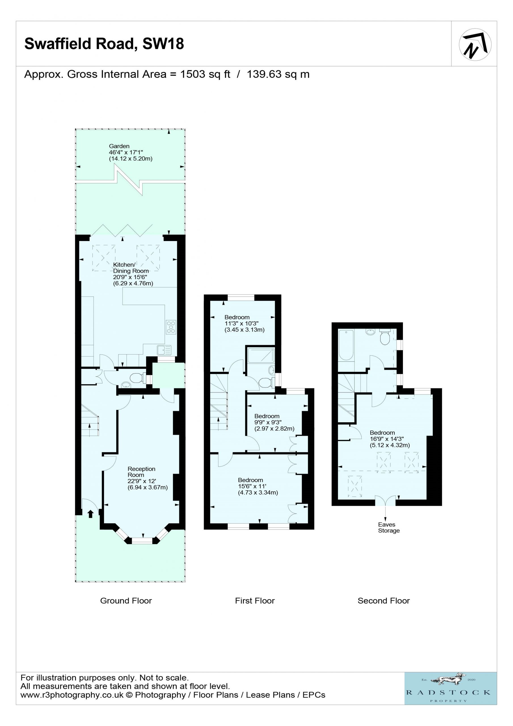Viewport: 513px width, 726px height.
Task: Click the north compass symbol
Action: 475,44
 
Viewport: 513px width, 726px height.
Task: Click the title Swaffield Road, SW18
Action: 104,44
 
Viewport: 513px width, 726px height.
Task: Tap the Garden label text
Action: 119,146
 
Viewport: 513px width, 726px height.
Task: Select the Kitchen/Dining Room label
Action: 131,268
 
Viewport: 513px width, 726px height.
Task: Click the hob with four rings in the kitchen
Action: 171,327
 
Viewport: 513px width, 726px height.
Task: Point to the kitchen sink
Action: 164,350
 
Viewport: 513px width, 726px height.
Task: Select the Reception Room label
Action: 142,472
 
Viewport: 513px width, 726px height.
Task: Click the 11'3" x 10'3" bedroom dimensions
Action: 241,324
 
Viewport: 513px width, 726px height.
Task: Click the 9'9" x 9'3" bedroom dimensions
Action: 268,422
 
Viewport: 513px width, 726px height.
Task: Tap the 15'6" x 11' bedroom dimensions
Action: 252,486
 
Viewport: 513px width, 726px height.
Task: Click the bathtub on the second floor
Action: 346,345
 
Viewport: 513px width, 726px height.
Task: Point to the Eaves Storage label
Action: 389,527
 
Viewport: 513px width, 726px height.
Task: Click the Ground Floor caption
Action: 126,601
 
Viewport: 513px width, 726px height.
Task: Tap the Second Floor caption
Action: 384,601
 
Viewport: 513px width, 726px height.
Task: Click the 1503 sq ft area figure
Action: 205,74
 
